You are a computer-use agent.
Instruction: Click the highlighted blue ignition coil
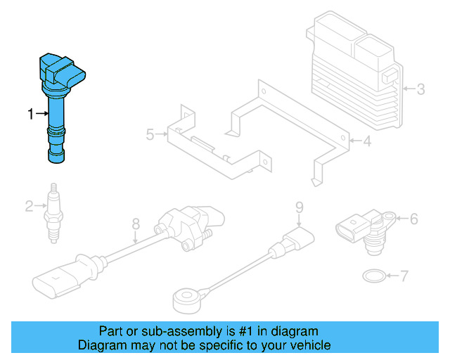pos(54,112)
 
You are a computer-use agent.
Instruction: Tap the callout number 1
pos(30,113)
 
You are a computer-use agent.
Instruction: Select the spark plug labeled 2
pos(53,213)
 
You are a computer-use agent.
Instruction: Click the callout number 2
pos(28,206)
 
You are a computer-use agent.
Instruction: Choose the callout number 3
pos(420,89)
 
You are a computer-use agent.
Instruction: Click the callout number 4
pos(366,141)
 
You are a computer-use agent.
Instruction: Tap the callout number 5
pos(149,133)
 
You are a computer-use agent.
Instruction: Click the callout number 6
pos(413,219)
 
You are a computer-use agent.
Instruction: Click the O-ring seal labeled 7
pos(373,275)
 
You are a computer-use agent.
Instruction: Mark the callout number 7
pos(404,276)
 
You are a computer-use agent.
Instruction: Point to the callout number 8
pos(136,224)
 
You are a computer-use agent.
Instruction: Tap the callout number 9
pos(298,207)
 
